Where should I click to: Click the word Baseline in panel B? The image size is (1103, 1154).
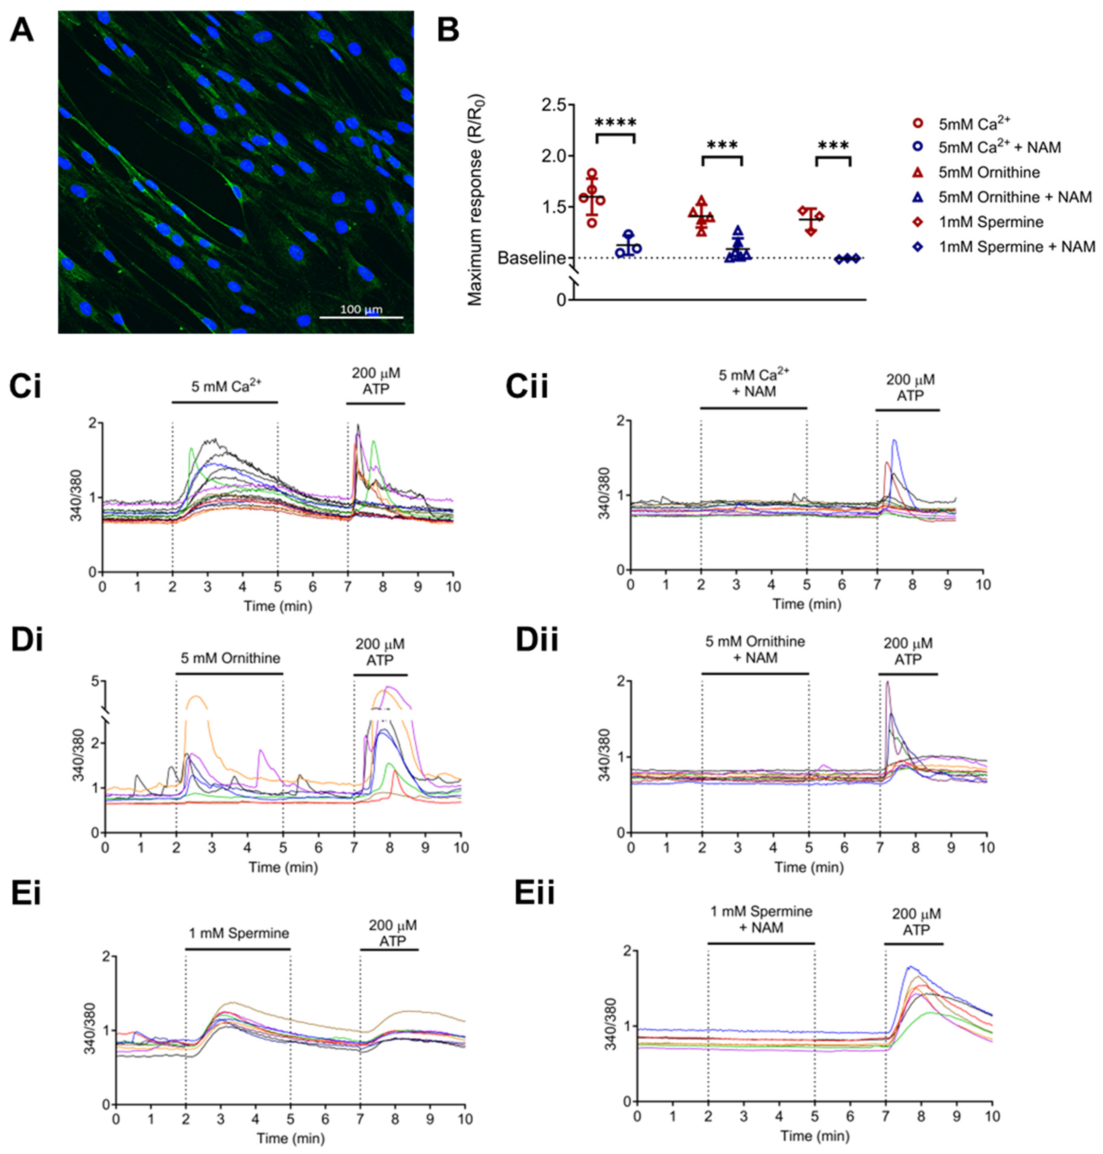pos(532,258)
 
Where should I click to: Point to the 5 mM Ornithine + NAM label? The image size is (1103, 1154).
pos(755,650)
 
